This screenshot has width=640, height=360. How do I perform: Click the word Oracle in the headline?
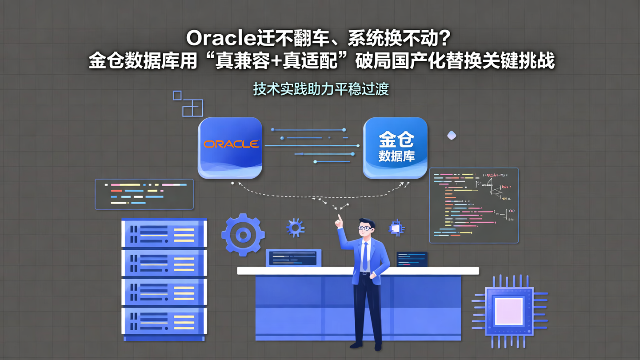(220, 38)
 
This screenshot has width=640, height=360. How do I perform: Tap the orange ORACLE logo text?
(231, 144)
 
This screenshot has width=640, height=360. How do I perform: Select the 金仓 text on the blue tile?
(396, 140)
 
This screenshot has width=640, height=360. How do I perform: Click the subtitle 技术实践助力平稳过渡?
(321, 89)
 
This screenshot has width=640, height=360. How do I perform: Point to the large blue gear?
(243, 234)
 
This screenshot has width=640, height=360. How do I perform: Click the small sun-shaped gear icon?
(295, 228)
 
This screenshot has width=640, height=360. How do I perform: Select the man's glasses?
(365, 228)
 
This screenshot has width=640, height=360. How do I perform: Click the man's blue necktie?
(365, 256)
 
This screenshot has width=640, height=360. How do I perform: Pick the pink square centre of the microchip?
(509, 311)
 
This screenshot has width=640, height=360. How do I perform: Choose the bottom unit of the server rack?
(164, 321)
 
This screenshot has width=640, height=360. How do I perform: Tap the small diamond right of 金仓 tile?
(452, 135)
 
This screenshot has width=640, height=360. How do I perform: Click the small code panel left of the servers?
(144, 194)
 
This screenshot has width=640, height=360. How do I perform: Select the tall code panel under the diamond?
(474, 205)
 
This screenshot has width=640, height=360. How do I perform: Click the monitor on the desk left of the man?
(293, 258)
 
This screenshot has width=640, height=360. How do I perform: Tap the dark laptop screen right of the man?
(412, 259)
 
